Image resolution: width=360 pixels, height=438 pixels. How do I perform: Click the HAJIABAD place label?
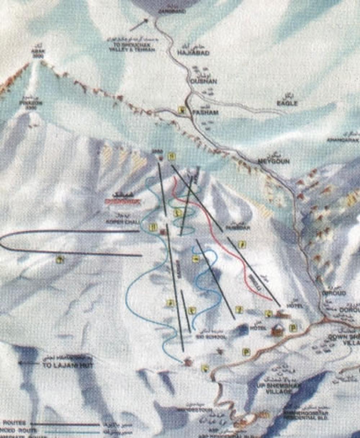pyautogui.click(x=193, y=53)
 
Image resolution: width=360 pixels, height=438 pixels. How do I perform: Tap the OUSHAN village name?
pyautogui.click(x=203, y=81)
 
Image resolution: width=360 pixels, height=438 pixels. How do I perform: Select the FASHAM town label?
pyautogui.click(x=205, y=113)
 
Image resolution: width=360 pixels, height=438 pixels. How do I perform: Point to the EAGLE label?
pyautogui.click(x=287, y=103)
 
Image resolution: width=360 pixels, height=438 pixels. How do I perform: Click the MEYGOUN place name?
pyautogui.click(x=274, y=161)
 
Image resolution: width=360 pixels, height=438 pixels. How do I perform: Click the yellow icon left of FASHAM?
pyautogui.click(x=183, y=111)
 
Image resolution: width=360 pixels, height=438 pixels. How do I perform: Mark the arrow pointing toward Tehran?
pyautogui.click(x=139, y=24)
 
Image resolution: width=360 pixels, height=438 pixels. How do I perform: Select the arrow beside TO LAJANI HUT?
pyautogui.click(x=29, y=363)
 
